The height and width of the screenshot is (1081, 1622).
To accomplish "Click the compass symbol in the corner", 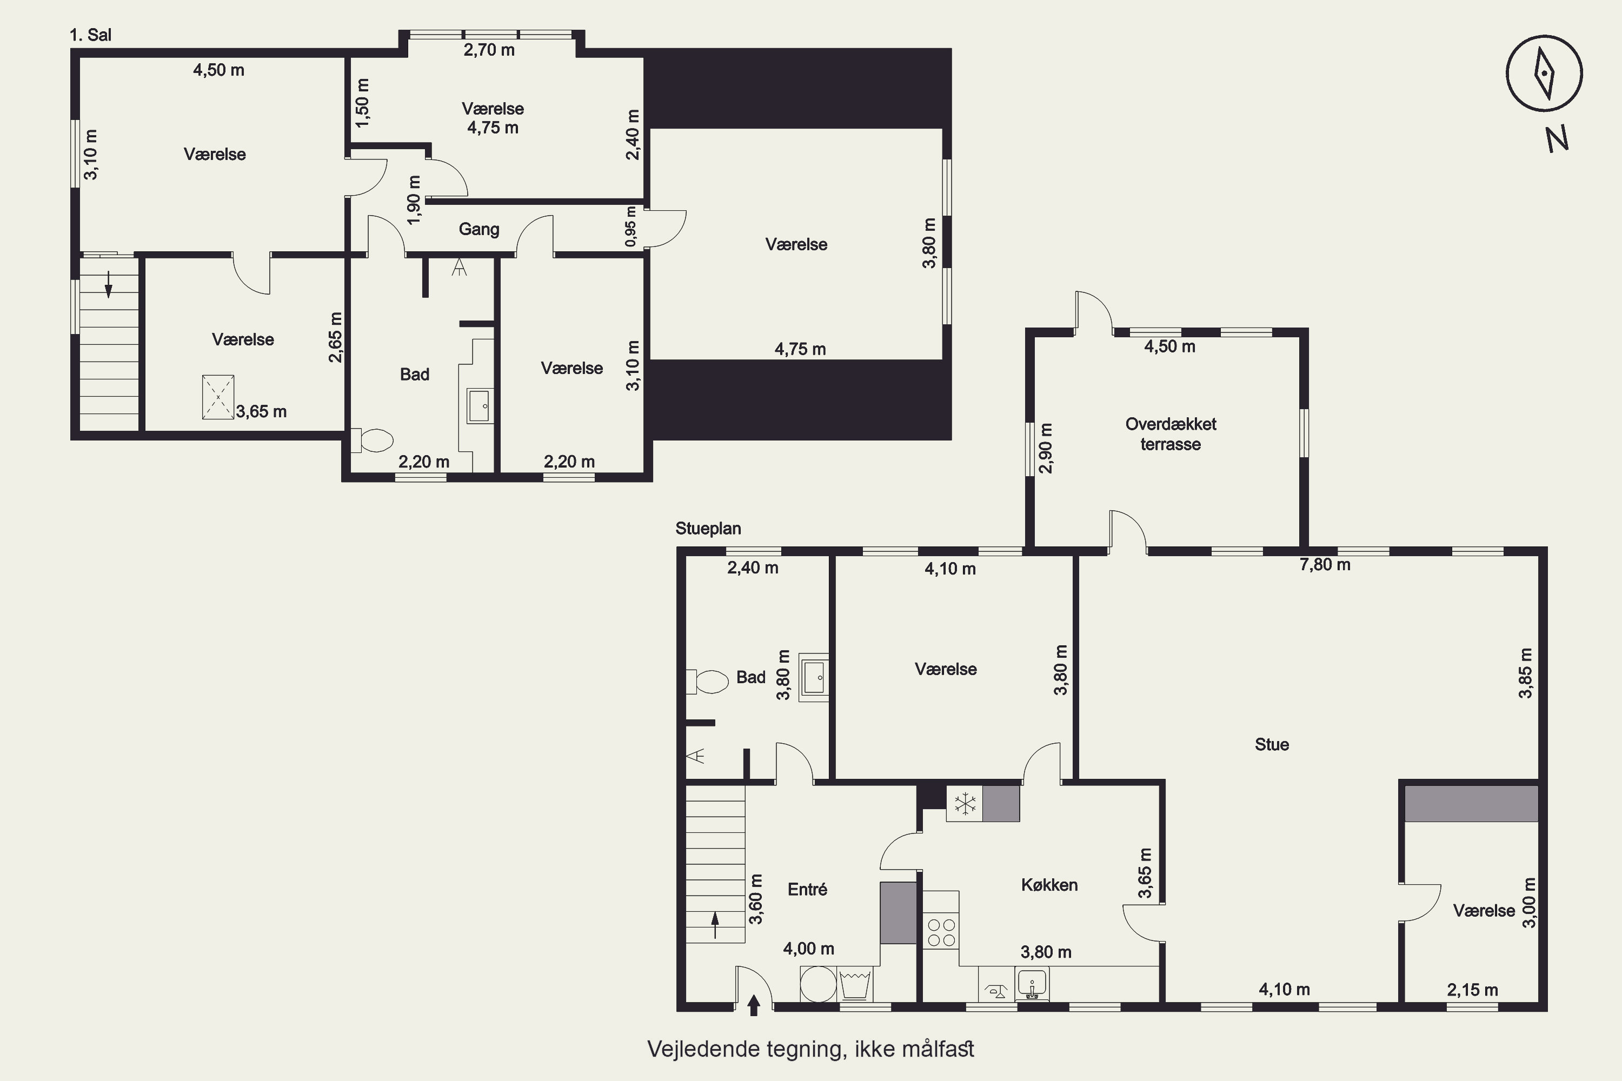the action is click(x=1544, y=73).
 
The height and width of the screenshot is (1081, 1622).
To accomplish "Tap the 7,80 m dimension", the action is click(x=1325, y=565).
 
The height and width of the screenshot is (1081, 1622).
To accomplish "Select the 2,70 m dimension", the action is click(x=489, y=50).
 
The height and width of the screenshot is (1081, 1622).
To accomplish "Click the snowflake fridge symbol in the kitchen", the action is click(x=965, y=803).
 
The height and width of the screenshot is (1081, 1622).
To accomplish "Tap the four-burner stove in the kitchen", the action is click(x=941, y=932).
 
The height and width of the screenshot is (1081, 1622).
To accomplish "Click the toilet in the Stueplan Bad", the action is click(x=708, y=682).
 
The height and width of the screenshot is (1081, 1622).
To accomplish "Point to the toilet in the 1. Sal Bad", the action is click(x=373, y=440).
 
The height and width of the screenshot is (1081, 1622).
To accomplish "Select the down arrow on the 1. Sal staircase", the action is click(x=108, y=285).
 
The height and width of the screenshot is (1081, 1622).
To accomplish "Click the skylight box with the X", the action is click(x=218, y=397).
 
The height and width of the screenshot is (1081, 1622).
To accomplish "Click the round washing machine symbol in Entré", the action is click(x=819, y=984).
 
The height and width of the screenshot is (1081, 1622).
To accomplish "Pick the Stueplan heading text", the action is click(x=708, y=529).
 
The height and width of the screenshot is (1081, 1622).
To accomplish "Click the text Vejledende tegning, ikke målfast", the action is click(x=811, y=1049).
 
